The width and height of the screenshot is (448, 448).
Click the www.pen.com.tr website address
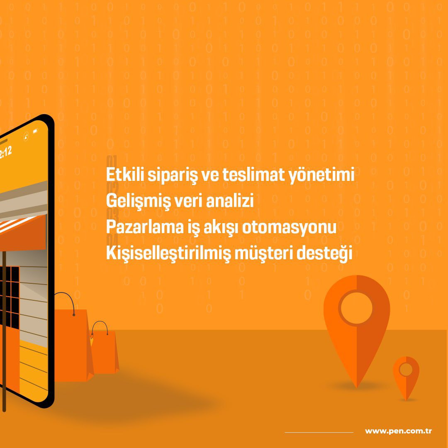point(398,431)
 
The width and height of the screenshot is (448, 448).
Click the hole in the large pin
point(356,308)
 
